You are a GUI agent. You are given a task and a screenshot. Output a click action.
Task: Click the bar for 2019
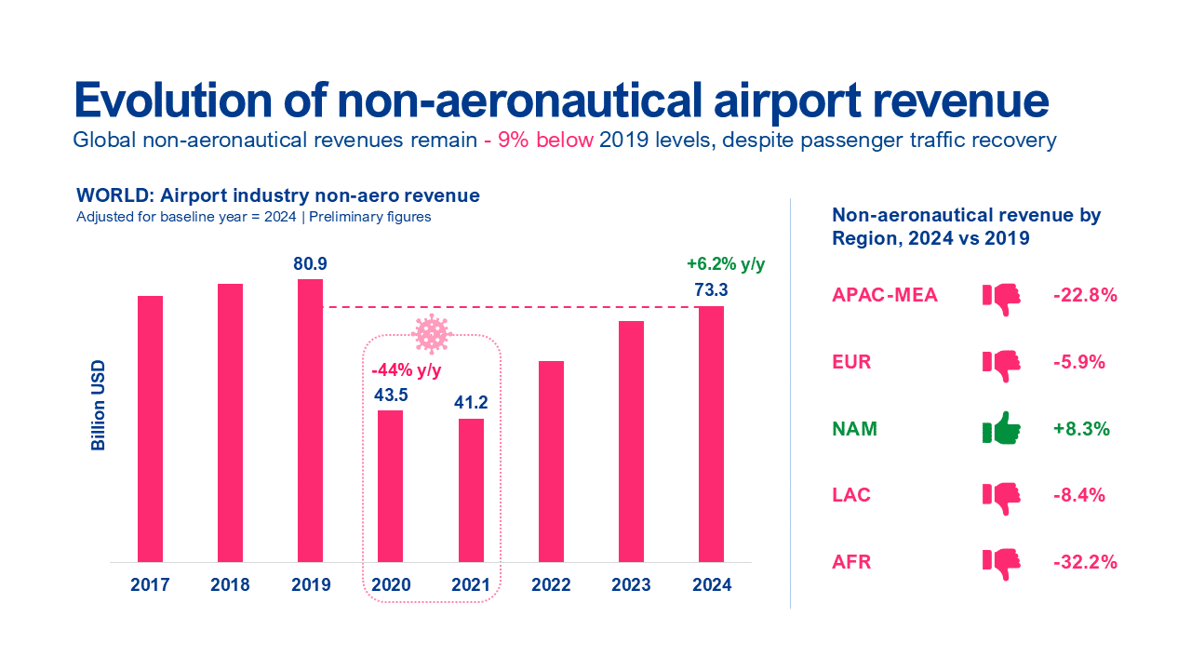tap(310, 421)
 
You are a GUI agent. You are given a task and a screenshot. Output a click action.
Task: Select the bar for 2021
tap(471, 490)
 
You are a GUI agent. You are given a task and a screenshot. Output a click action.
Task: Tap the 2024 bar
tap(711, 434)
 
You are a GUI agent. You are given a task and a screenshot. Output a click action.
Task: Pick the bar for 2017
tap(150, 429)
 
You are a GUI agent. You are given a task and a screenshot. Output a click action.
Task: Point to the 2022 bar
tap(551, 462)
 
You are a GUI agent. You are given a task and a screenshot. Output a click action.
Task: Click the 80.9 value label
tap(310, 264)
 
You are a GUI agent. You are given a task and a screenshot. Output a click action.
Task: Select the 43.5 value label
tap(390, 395)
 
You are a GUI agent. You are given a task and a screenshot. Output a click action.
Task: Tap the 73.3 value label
tap(711, 290)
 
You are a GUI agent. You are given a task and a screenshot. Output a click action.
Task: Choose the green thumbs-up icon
tap(1001, 430)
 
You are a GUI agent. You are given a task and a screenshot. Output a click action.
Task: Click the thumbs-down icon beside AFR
tap(1001, 563)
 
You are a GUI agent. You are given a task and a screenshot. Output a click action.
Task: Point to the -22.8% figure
tap(1084, 296)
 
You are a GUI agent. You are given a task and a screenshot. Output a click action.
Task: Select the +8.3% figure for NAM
tap(1081, 430)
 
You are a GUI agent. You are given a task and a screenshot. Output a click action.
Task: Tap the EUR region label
tap(851, 363)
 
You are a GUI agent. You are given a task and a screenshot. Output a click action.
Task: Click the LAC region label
tap(851, 496)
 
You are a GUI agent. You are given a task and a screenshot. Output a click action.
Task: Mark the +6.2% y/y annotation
tap(726, 264)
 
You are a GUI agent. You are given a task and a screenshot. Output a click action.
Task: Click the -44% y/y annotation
tap(408, 371)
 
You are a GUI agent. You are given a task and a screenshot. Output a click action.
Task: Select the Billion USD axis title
tap(98, 405)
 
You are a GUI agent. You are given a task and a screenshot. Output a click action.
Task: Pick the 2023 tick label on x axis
tap(631, 585)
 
